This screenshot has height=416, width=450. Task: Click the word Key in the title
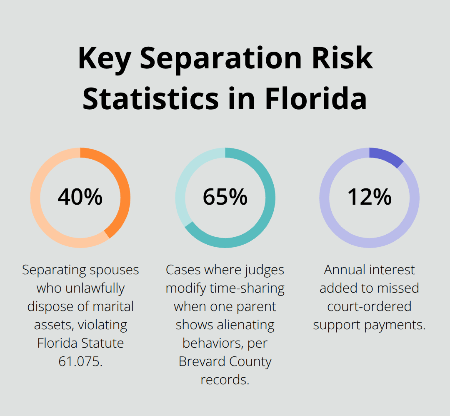104,58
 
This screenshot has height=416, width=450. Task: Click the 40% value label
80,197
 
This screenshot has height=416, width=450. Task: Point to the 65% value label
225,197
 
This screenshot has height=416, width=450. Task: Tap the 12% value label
370,197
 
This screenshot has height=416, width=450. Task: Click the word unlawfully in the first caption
80,288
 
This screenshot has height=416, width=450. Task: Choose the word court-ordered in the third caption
369,306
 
